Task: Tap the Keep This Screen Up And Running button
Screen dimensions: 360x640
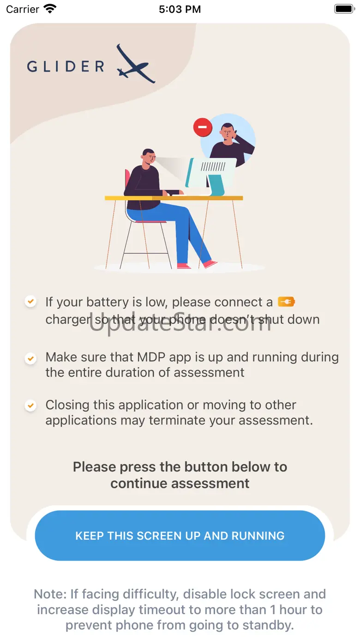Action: (180, 536)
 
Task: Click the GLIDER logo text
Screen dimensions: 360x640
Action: (66, 66)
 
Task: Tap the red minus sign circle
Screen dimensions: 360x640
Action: (203, 127)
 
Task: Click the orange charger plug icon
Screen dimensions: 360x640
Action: (286, 302)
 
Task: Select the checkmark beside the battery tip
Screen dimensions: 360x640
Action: (30, 301)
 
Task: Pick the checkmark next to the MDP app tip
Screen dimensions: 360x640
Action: (30, 358)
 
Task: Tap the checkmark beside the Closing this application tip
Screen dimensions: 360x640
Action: (30, 406)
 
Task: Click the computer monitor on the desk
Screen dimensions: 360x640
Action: (210, 175)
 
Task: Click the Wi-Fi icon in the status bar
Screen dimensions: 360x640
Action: (50, 9)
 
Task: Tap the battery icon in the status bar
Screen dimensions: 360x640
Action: (345, 9)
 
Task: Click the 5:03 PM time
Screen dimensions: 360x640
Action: (180, 9)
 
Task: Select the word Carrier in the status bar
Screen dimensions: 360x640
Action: (22, 9)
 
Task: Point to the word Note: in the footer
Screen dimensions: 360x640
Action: (50, 594)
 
